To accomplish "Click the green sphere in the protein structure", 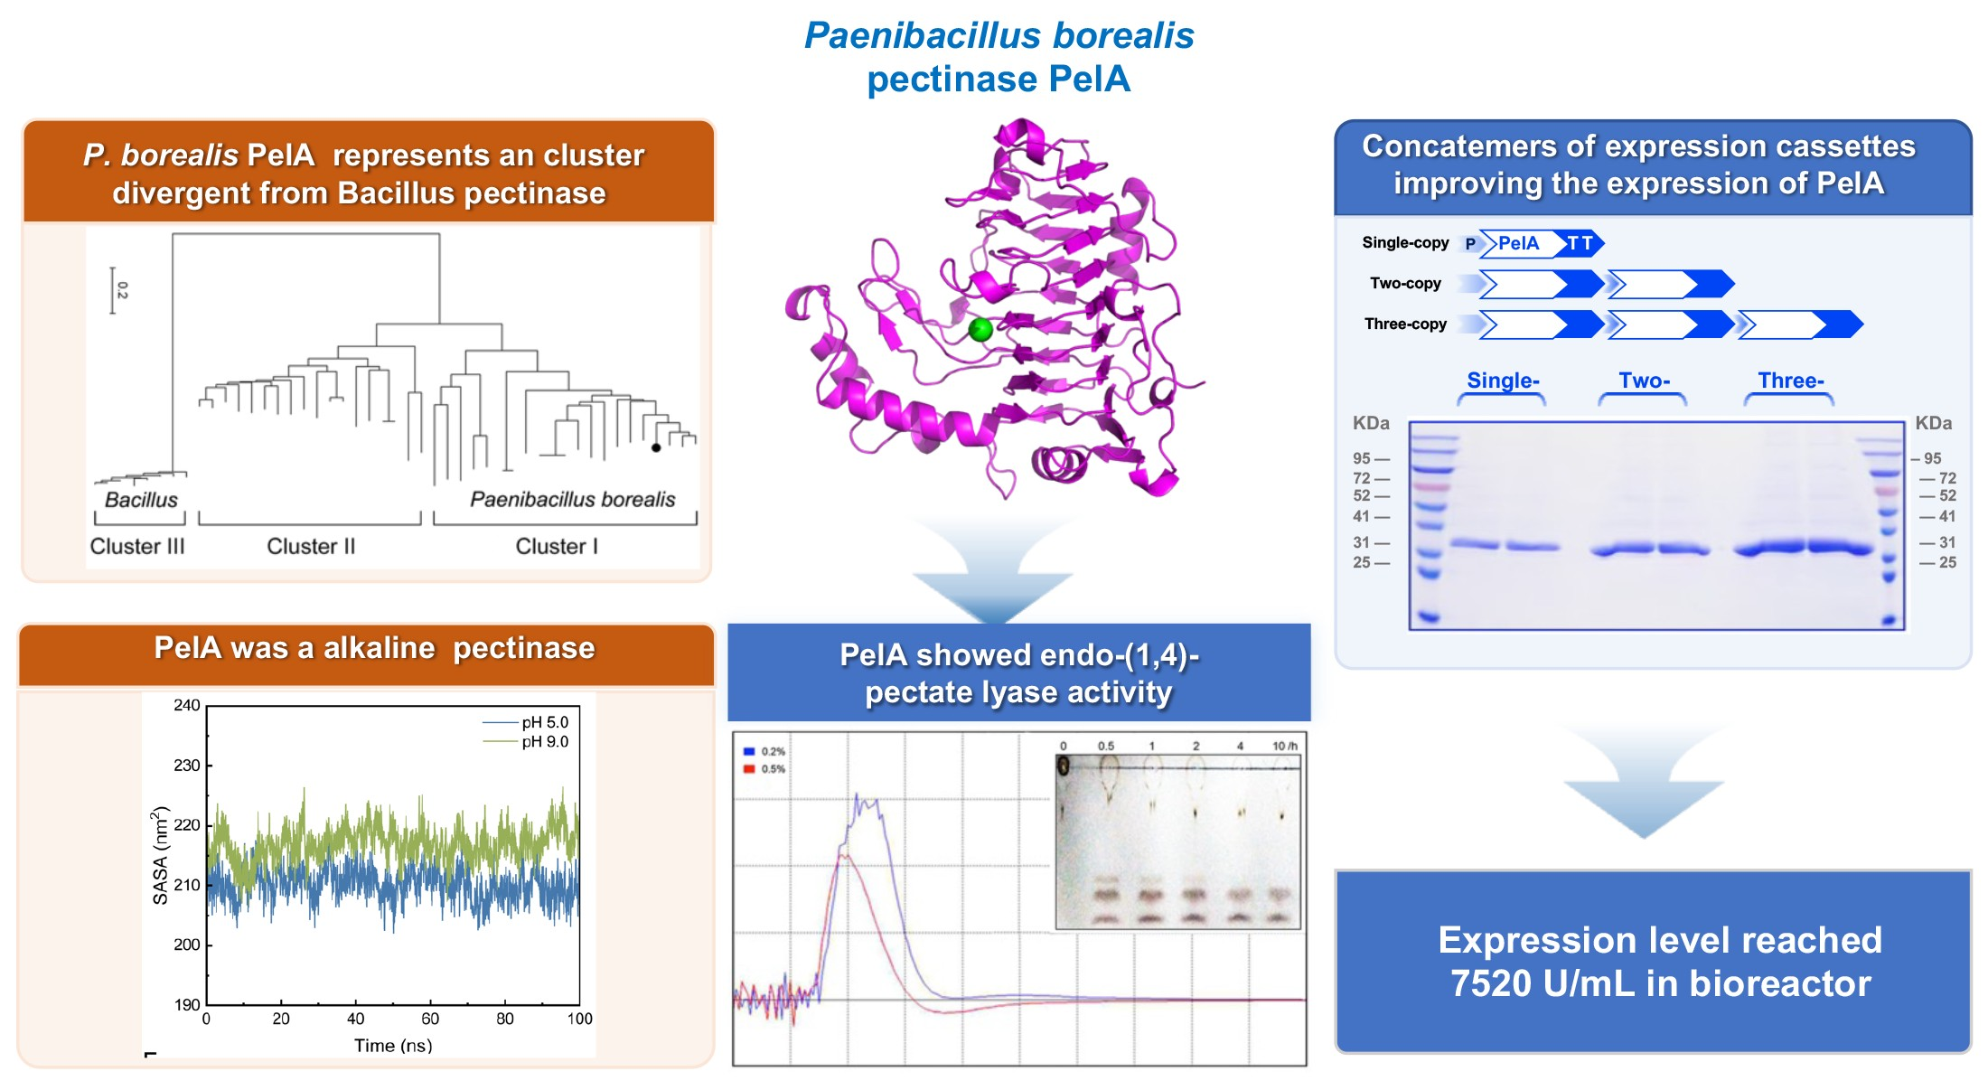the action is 980,330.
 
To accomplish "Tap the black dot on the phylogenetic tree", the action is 656,447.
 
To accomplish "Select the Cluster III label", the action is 137,546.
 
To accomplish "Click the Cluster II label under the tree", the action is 311,546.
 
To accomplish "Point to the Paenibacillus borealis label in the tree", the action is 572,499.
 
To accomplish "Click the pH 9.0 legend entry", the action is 526,741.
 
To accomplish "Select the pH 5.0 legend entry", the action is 526,722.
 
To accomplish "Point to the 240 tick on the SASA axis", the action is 187,705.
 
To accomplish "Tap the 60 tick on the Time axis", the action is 430,1019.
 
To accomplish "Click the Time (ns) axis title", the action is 393,1045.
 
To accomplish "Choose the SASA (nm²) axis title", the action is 160,855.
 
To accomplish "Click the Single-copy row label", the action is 1405,242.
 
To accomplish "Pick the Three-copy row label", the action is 1405,324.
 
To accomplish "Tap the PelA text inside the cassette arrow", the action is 1518,243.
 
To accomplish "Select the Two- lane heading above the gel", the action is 1645,381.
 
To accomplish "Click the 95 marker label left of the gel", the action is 1362,458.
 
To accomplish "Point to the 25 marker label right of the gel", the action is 1947,562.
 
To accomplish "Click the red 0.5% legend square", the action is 749,769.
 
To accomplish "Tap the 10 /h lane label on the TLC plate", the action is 1285,746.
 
